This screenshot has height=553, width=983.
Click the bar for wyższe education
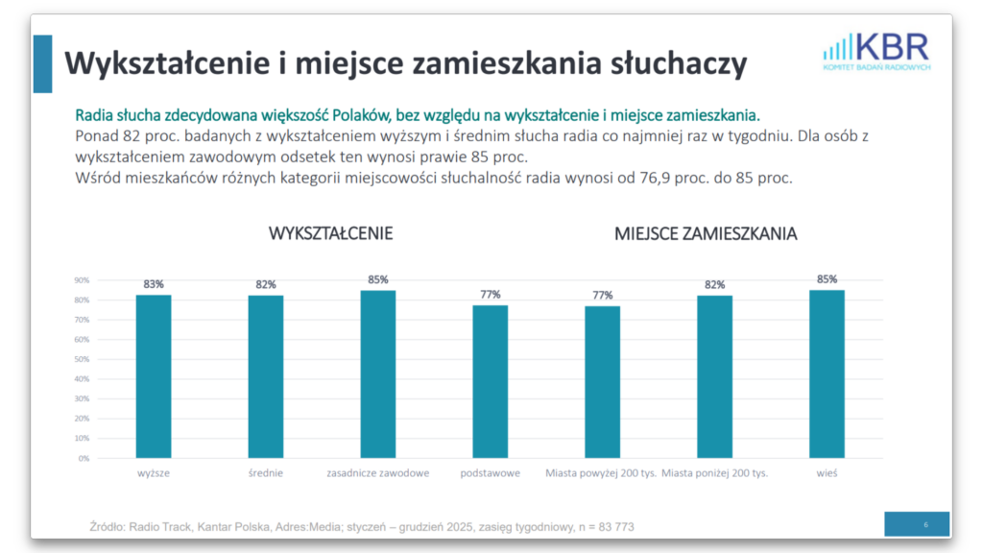154,376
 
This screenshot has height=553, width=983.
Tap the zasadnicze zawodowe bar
378,374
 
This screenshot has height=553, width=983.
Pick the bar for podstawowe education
491,382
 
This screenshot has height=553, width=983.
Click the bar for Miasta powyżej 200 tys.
602,382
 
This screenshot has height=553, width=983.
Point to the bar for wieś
827,374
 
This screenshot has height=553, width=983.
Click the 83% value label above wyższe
154,284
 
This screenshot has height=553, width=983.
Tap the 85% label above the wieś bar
827,279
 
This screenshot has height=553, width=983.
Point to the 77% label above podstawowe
491,295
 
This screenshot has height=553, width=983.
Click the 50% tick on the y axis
83,359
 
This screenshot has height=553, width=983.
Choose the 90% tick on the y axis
83,280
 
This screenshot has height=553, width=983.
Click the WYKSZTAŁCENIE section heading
331,234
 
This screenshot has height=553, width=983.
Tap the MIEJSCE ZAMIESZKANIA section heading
706,234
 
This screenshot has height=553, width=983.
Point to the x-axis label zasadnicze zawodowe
378,473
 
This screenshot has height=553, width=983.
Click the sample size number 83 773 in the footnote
611,527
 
